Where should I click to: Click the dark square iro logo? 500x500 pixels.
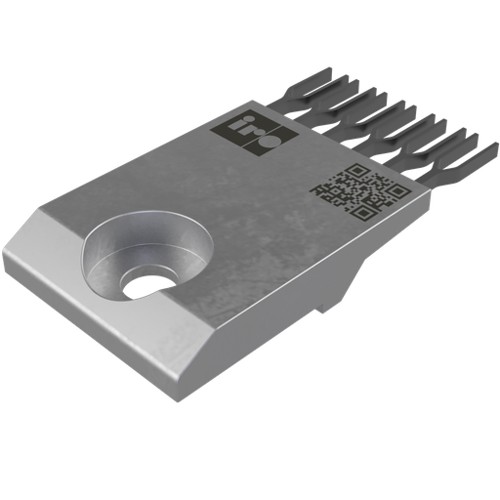tap(235, 134)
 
